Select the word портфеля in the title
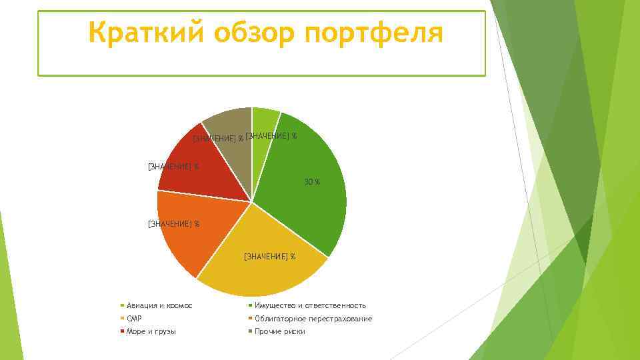373,33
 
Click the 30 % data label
312,182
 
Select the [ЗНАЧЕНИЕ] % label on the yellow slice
269,256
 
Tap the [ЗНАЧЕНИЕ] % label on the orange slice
173,224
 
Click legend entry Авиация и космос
159,305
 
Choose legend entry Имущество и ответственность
310,305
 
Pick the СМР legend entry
134,319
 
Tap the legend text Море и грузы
151,331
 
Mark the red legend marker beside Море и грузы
123,331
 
